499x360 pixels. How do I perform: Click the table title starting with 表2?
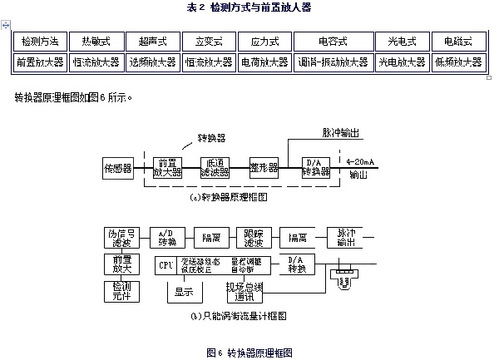[249, 7]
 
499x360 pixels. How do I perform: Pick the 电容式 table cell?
[320, 41]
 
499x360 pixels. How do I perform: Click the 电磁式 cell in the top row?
[456, 41]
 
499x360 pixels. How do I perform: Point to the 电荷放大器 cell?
[264, 62]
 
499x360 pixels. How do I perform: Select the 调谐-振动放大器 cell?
[320, 62]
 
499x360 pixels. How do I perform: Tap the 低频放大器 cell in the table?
[456, 62]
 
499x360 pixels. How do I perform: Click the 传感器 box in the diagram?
[117, 168]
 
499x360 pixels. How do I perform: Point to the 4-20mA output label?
[359, 161]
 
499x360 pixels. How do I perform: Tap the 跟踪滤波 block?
[253, 236]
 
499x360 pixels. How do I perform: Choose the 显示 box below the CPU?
[183, 291]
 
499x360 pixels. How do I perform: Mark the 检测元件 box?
[117, 291]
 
